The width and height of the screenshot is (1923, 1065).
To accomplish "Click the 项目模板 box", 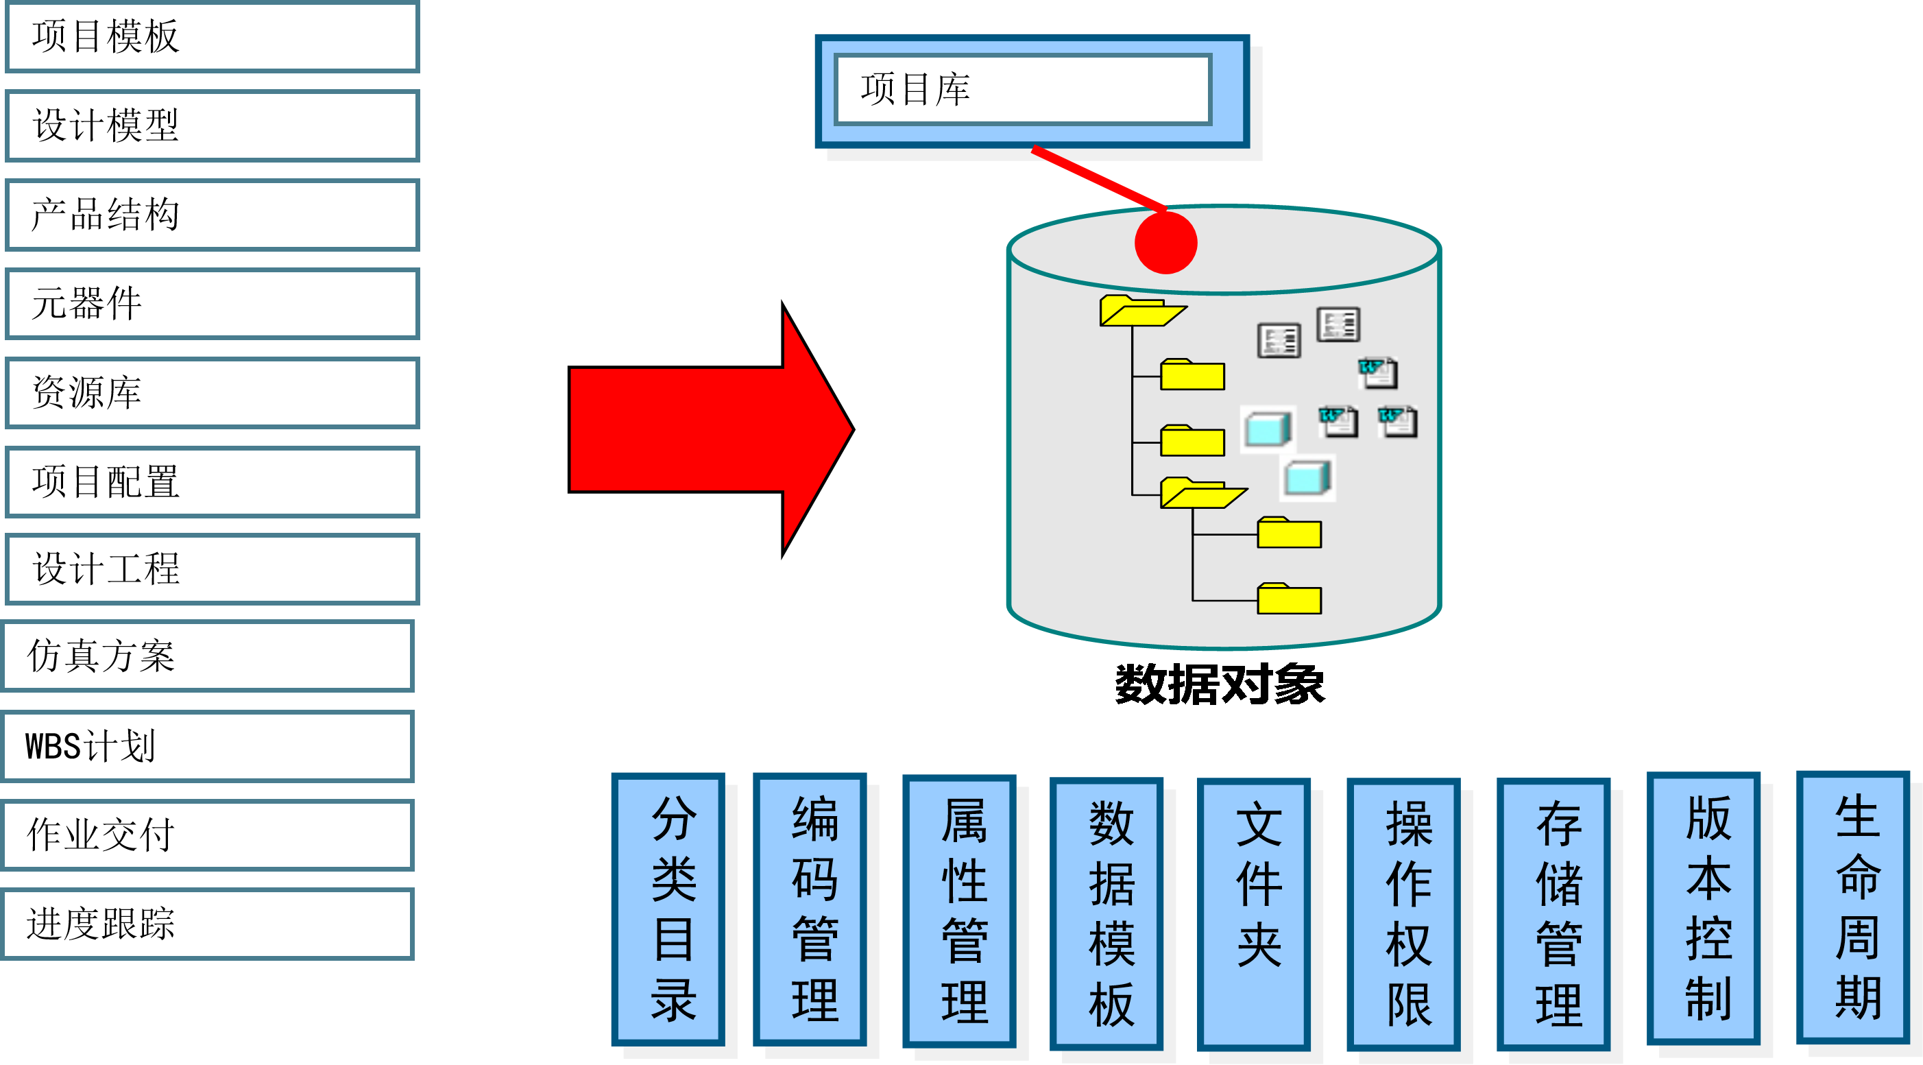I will [x=212, y=36].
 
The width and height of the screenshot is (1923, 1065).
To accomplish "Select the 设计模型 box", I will [x=212, y=125].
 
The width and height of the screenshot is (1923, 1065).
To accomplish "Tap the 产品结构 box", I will [x=212, y=215].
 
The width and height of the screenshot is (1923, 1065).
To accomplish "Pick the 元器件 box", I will [x=212, y=304].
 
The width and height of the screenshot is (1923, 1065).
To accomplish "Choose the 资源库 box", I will [x=212, y=393].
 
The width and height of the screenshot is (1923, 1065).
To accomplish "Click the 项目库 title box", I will [x=1023, y=90].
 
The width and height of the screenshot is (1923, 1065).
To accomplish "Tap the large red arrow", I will [x=709, y=429].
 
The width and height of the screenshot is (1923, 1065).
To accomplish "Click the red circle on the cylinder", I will [x=1165, y=243].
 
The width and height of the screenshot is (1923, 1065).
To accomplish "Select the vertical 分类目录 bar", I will [x=668, y=908].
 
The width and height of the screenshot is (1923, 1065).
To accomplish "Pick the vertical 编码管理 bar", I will [x=810, y=908].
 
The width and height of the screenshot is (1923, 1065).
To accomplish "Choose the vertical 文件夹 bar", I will [x=1254, y=913].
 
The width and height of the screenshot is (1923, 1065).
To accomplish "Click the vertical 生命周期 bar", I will [x=1853, y=907].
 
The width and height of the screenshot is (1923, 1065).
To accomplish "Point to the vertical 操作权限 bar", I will [x=1403, y=913].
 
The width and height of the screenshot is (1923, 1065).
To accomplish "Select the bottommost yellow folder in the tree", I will [x=1290, y=599].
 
